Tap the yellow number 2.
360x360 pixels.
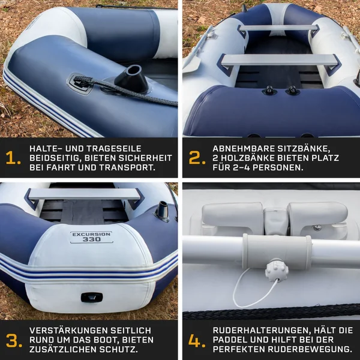[197, 158]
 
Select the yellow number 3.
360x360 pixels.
[14, 340]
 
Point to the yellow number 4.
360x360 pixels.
[197, 340]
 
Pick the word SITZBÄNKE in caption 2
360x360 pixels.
[304, 149]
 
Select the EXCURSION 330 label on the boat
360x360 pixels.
[92, 237]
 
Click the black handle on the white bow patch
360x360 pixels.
[92, 298]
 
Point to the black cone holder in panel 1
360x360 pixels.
[131, 79]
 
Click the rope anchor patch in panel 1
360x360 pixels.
[80, 83]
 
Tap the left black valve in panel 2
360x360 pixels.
[269, 91]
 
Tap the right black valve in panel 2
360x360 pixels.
[293, 90]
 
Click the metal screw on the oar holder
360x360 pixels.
[317, 227]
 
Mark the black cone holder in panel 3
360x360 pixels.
[162, 211]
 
